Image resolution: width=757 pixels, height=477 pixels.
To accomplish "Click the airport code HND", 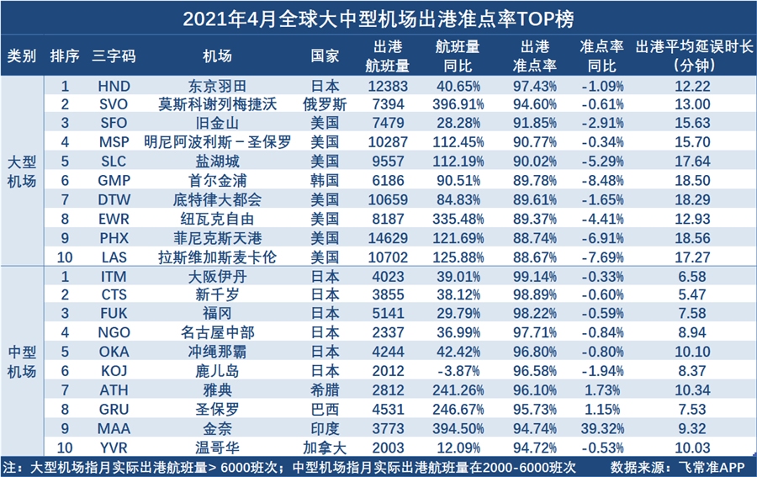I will tap(114, 86).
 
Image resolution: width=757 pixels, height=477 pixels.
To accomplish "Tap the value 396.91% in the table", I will tap(459, 104).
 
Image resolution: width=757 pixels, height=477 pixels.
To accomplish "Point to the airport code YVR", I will tap(114, 447).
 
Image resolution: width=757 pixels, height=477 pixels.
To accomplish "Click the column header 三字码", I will tap(114, 56).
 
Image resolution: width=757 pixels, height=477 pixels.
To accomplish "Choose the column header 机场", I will tap(217, 56).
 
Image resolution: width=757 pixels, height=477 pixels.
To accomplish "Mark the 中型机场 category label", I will tap(22, 361).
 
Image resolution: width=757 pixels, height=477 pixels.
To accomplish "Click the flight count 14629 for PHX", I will tap(388, 237).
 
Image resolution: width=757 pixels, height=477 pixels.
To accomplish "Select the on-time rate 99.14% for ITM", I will tap(535, 276).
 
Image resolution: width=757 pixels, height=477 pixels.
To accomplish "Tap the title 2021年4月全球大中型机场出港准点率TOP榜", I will tap(378, 18).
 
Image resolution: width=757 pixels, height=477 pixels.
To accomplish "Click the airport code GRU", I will tap(114, 409).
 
